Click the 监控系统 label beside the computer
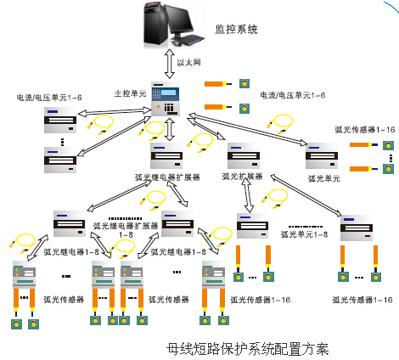pos(236,29)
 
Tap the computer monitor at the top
pos(180,19)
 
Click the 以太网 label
pos(188,62)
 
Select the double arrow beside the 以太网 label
pos(170,64)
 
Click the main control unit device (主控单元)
pos(166,98)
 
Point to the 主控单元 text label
pos(130,93)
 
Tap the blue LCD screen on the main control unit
pos(168,93)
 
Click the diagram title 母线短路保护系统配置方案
pos(247,349)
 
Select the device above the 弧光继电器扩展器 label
pos(166,155)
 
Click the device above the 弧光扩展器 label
pos(244,156)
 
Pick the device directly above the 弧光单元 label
pos(322,155)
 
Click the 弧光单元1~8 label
pos(304,234)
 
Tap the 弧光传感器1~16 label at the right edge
pos(365,130)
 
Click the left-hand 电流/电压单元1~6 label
pos(49,98)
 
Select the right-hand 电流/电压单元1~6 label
pos(293,95)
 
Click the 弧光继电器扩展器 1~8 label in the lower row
pos(126,230)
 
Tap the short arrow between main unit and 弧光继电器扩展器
pos(170,129)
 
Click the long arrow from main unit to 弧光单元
pos(248,129)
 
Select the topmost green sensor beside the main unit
pos(244,83)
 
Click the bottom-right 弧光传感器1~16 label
pos(362,300)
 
